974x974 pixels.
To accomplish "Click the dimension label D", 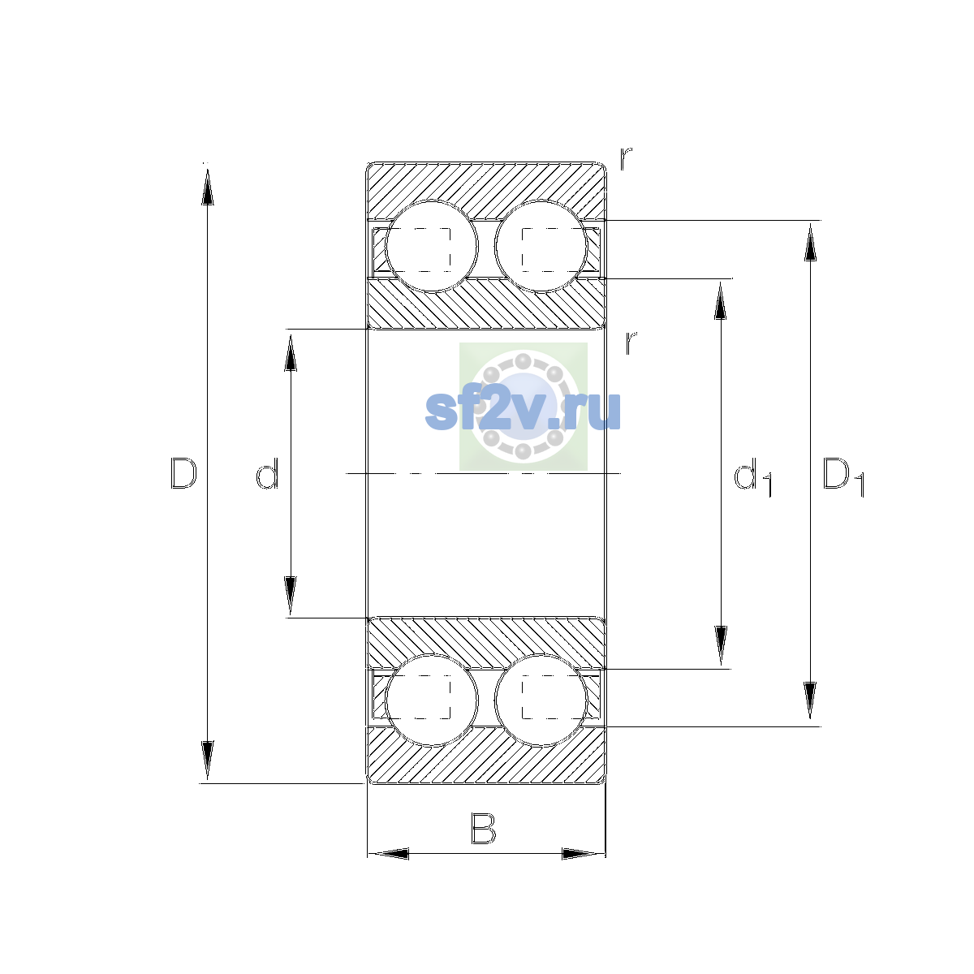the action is click(183, 473).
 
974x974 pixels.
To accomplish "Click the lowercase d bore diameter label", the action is click(267, 473).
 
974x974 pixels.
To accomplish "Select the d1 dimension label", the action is click(752, 476).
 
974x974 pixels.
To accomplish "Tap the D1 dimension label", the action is click(843, 476).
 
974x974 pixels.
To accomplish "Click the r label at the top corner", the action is click(626, 158).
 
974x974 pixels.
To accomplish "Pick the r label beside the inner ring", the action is click(631, 343).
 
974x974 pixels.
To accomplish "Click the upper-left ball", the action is click(432, 247).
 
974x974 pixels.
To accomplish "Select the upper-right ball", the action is click(541, 247).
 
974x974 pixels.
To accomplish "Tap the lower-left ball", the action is click(432, 700).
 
